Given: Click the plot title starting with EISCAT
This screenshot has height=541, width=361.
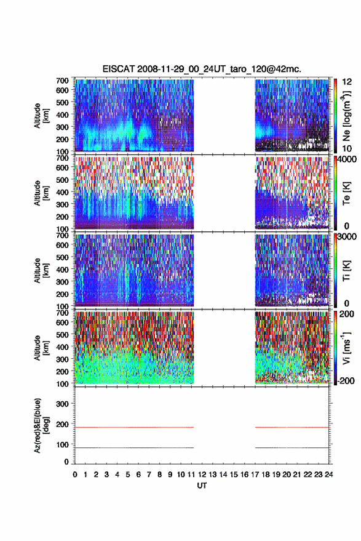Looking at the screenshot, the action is point(202,69).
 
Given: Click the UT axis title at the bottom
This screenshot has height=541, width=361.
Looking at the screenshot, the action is point(202,486).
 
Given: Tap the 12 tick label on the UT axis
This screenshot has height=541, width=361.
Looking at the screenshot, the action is point(202,475).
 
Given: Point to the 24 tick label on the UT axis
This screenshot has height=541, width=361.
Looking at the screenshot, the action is point(329,475).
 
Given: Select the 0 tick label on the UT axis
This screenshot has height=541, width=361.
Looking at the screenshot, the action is point(75,475).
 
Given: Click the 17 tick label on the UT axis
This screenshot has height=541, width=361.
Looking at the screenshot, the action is point(255,475).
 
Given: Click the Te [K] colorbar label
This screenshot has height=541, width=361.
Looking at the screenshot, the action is point(346,193).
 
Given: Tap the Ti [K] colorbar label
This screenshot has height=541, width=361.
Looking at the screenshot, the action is point(346,271).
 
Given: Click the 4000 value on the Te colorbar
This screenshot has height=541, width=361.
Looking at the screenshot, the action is point(346,159).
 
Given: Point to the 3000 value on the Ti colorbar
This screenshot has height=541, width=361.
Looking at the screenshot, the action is point(346,236).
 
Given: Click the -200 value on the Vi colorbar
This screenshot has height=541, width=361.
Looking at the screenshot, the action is point(346,380).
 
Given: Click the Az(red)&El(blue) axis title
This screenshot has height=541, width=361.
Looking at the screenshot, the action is point(41,425).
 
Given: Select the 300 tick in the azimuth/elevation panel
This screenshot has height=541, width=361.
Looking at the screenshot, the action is point(62,404).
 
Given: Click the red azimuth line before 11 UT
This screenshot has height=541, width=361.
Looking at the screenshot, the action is point(135,427).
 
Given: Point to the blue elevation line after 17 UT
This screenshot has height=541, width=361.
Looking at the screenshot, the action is point(292,447).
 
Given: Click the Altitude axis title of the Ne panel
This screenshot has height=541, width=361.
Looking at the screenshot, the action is point(41,116).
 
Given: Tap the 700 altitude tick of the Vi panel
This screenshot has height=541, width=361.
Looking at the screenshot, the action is point(62,313).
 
